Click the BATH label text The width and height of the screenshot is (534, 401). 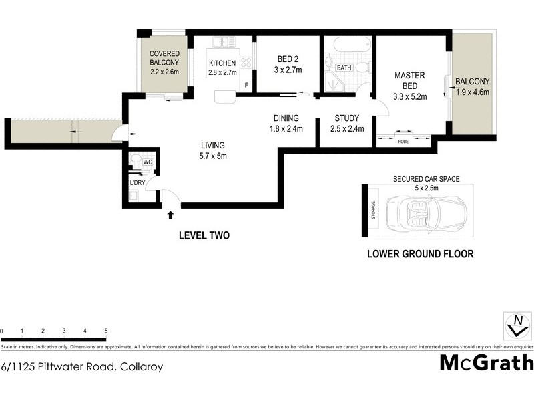pyautogui.click(x=344, y=68)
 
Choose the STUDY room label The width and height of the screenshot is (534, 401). pyautogui.click(x=347, y=119)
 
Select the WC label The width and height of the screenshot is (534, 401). pyautogui.click(x=148, y=162)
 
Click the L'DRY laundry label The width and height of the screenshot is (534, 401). pyautogui.click(x=138, y=182)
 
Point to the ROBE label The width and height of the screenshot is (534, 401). pyautogui.click(x=403, y=142)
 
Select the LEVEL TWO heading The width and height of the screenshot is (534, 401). pyautogui.click(x=204, y=235)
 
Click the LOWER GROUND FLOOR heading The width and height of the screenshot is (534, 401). pyautogui.click(x=421, y=254)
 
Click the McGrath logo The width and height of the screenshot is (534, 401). pyautogui.click(x=487, y=363)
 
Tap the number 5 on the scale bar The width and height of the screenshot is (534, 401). pyautogui.click(x=105, y=331)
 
